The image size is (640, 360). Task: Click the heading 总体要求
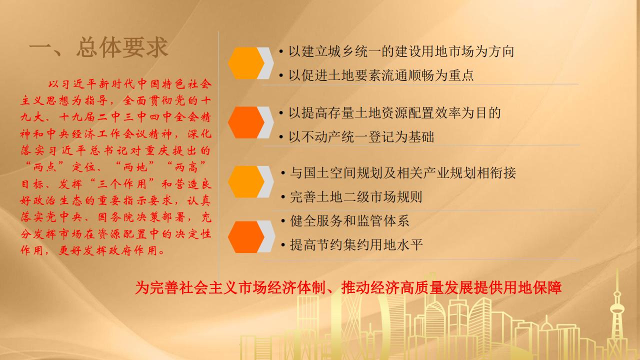point(122,47)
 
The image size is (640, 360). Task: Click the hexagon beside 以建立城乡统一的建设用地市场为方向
point(246,63)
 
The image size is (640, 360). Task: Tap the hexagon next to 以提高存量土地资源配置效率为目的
point(246,122)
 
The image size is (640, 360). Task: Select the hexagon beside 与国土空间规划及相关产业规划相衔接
point(246,181)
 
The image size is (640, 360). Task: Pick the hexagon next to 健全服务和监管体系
point(246,236)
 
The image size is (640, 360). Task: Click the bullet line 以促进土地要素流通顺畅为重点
point(376,75)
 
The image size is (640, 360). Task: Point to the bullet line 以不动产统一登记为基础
point(356,137)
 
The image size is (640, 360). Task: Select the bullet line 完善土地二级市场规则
point(351,197)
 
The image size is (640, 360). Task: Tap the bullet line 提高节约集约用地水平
point(351,245)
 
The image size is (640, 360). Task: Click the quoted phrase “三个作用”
point(122,184)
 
